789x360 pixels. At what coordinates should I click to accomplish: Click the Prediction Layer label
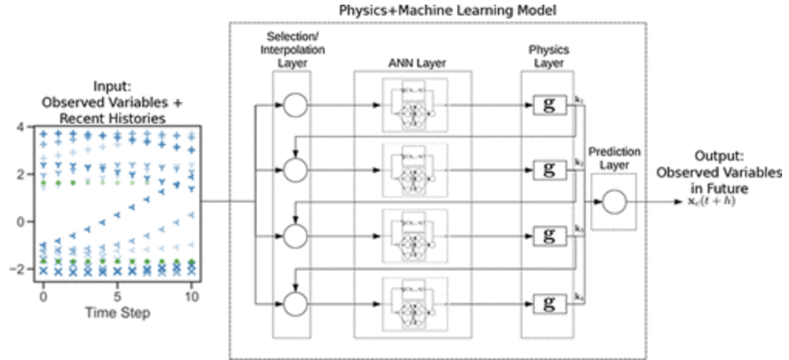[x=613, y=158]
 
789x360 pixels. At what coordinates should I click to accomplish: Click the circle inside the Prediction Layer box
[x=613, y=202]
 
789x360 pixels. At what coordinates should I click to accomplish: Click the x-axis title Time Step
[x=117, y=312]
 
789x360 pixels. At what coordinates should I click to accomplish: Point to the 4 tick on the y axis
[x=21, y=127]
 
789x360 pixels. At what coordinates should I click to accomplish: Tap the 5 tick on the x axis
[x=117, y=296]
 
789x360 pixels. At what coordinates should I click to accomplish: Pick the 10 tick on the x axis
[x=193, y=296]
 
